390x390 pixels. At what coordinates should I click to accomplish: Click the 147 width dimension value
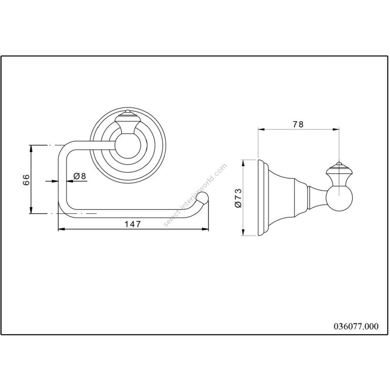133,224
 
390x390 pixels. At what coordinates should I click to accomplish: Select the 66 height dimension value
26,179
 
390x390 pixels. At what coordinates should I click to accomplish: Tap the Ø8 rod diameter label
80,176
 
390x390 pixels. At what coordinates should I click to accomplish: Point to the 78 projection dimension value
298,124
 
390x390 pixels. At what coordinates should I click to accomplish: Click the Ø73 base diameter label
238,198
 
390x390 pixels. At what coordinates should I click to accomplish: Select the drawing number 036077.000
356,326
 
